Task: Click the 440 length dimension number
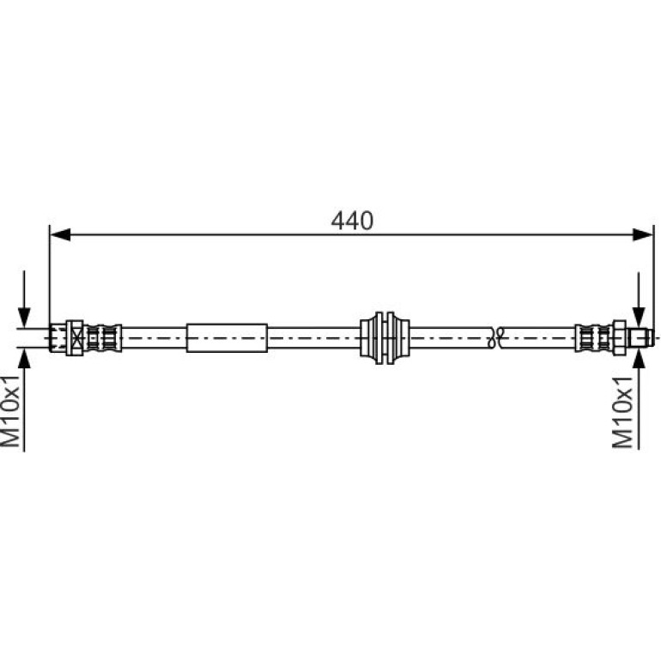352,221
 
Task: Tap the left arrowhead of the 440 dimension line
60,235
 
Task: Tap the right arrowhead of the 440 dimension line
643,235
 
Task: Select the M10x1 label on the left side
11,409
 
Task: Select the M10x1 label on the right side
623,412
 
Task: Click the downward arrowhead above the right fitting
639,318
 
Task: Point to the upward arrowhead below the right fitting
639,358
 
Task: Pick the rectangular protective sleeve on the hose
227,337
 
